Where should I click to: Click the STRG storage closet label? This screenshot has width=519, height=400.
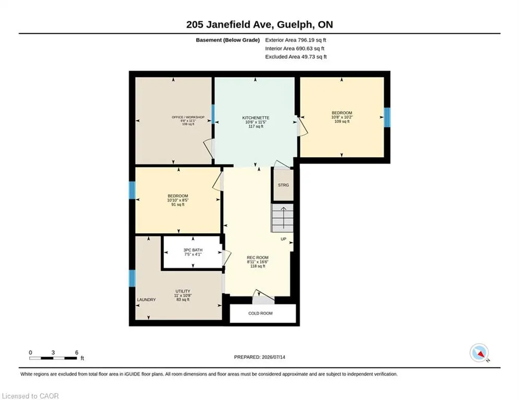click(283, 185)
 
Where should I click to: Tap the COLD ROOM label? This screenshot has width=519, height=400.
click(260, 314)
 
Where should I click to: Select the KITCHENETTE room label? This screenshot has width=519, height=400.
click(256, 118)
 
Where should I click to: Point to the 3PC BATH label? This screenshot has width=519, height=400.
click(193, 250)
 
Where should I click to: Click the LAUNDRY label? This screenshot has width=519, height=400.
click(146, 300)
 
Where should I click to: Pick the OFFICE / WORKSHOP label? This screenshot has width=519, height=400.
click(188, 117)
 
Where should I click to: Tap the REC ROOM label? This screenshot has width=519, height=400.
click(258, 257)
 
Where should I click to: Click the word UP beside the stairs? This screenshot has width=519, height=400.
click(283, 239)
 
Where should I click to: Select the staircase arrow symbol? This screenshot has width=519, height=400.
click(284, 218)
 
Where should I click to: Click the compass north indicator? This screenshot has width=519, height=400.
click(479, 353)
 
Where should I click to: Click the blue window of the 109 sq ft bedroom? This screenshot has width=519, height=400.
click(387, 117)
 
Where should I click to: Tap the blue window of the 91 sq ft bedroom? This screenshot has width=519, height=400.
click(132, 190)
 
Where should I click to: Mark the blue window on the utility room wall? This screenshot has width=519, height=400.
click(132, 278)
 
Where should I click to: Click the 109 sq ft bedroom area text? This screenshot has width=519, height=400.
click(342, 121)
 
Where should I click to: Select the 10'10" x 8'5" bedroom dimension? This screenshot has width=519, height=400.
click(178, 201)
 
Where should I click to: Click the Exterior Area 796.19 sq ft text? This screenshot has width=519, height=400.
click(296, 40)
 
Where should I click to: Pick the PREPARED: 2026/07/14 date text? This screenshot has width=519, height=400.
click(260, 357)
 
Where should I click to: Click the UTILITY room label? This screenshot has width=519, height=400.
click(183, 291)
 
